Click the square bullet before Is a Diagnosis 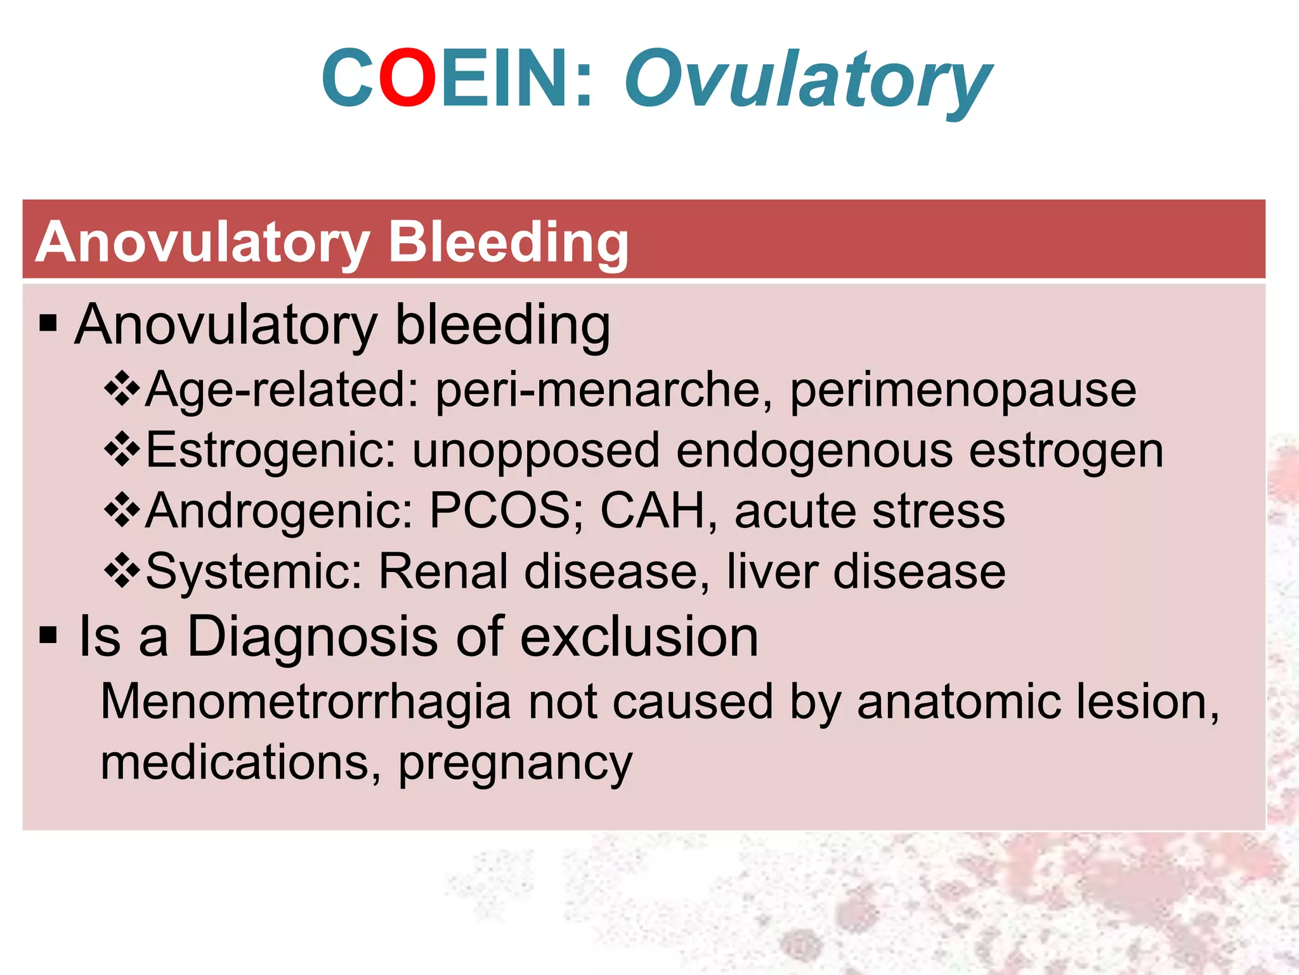pyautogui.click(x=48, y=634)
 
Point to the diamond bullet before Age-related pyautogui.click(x=122, y=388)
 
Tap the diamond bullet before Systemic pyautogui.click(x=122, y=571)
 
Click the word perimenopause pyautogui.click(x=963, y=390)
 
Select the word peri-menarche pyautogui.click(x=603, y=390)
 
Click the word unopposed pyautogui.click(x=536, y=451)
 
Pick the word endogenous pyautogui.click(x=814, y=451)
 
